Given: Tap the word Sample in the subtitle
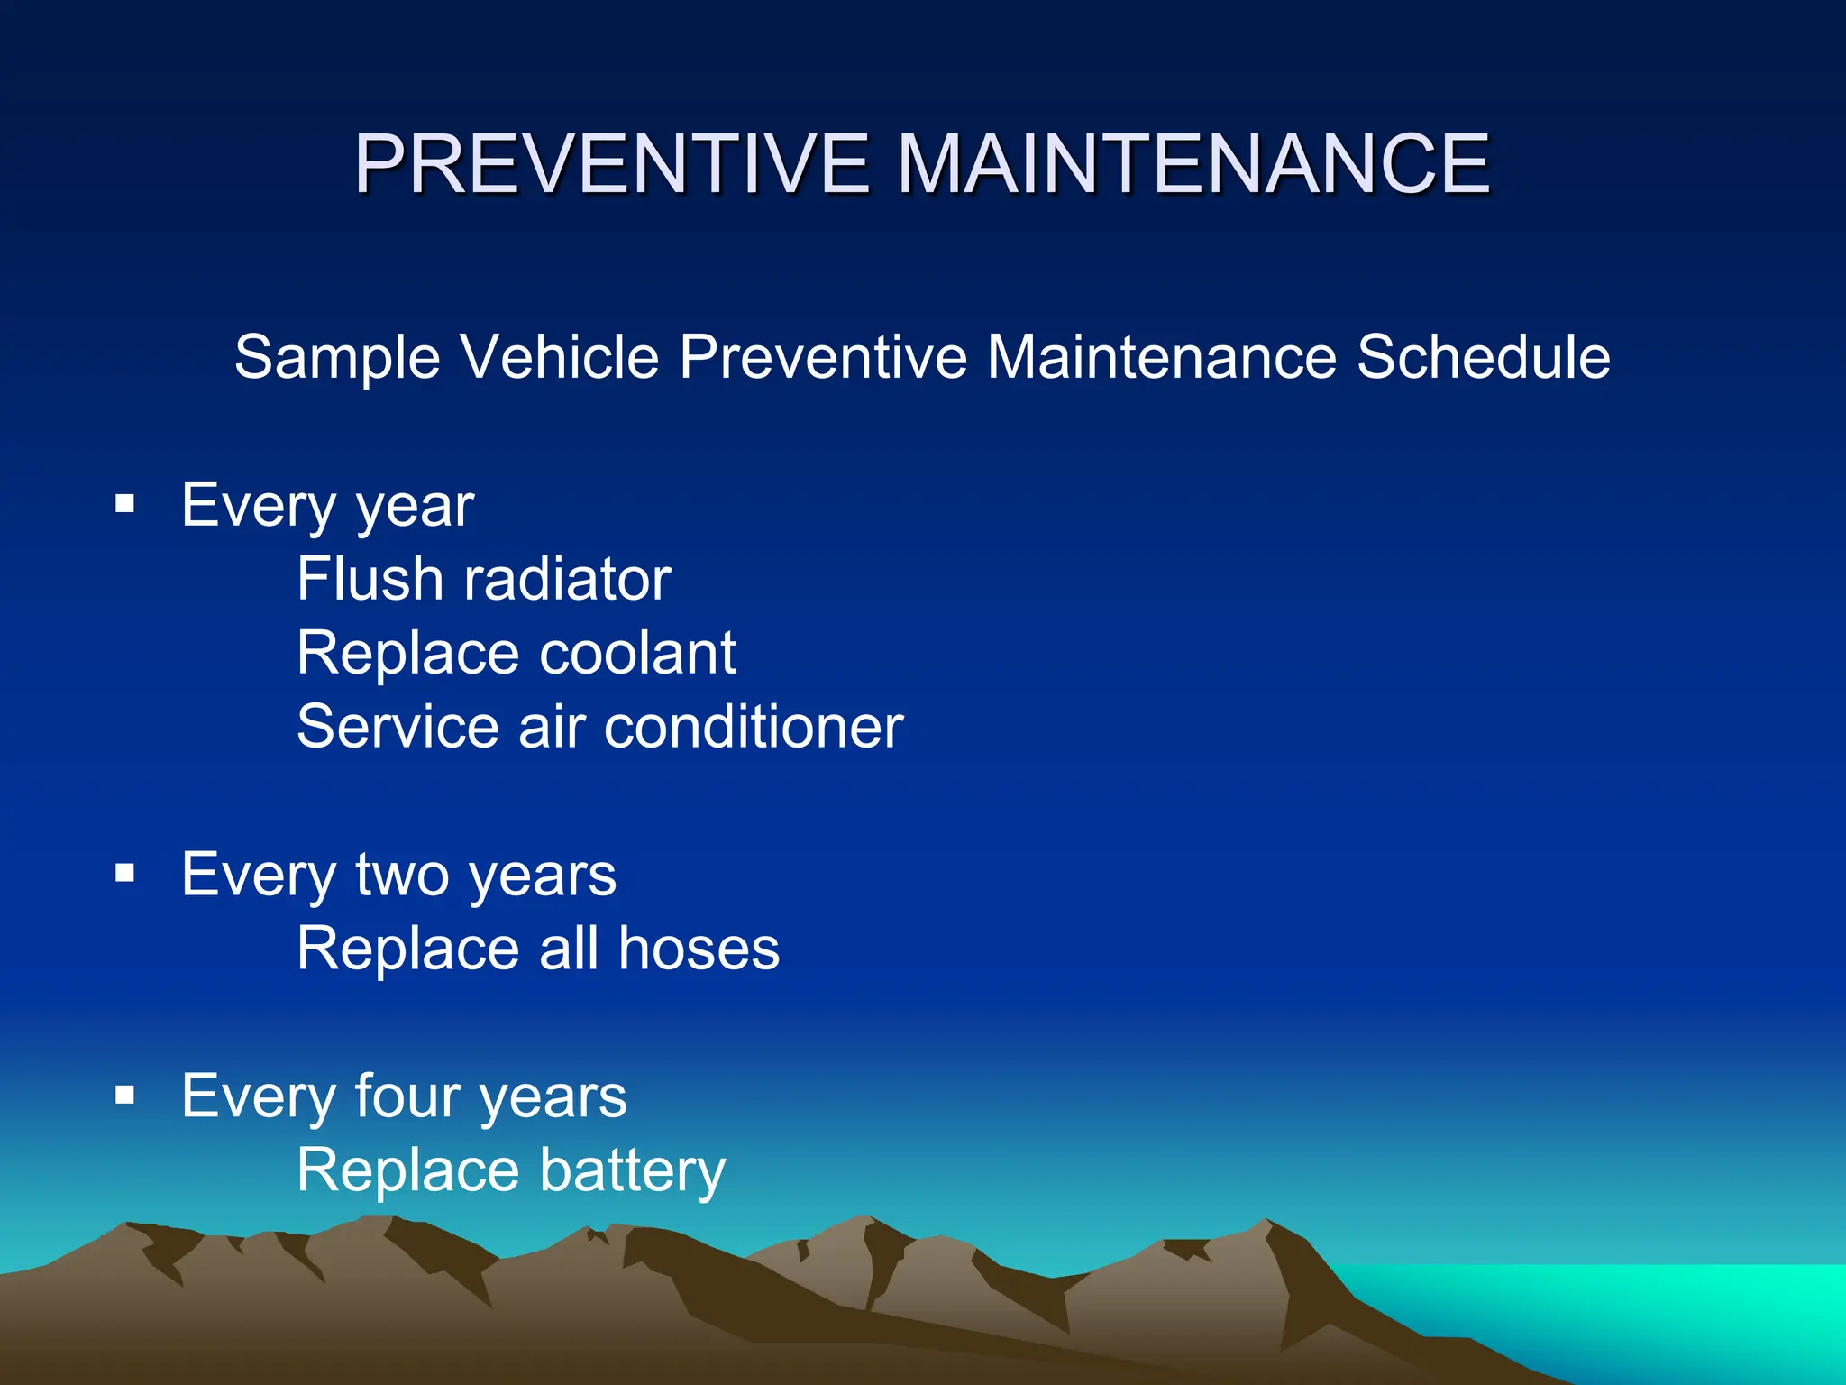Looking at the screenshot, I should [337, 358].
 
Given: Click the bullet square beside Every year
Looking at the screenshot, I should [125, 503].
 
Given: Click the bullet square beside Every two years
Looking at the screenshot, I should [125, 873].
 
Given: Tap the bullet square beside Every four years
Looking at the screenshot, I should [125, 1095].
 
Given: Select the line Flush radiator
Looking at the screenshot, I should [484, 579].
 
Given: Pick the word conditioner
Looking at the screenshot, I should [754, 727].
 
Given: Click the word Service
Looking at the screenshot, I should [398, 727].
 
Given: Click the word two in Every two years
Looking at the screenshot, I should [402, 875].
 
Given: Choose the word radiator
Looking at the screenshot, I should [567, 579].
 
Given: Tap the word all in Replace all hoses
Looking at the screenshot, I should [569, 949].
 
